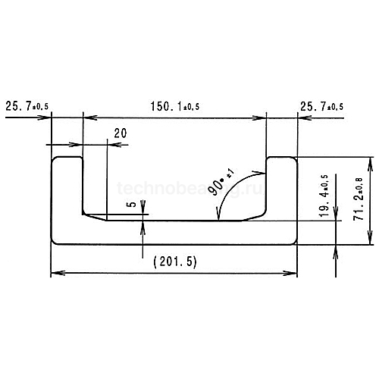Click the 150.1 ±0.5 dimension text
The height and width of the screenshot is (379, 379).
pos(174,107)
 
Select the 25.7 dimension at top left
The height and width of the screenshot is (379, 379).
pos(27,107)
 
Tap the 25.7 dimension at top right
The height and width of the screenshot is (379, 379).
pos(321,107)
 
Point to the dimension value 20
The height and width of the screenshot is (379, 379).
pos(119,133)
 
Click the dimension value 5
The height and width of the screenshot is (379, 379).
pos(132,204)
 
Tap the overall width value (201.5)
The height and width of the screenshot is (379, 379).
pos(174,262)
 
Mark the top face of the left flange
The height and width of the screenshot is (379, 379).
pos(67,157)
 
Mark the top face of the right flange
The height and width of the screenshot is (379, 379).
pos(281,157)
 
